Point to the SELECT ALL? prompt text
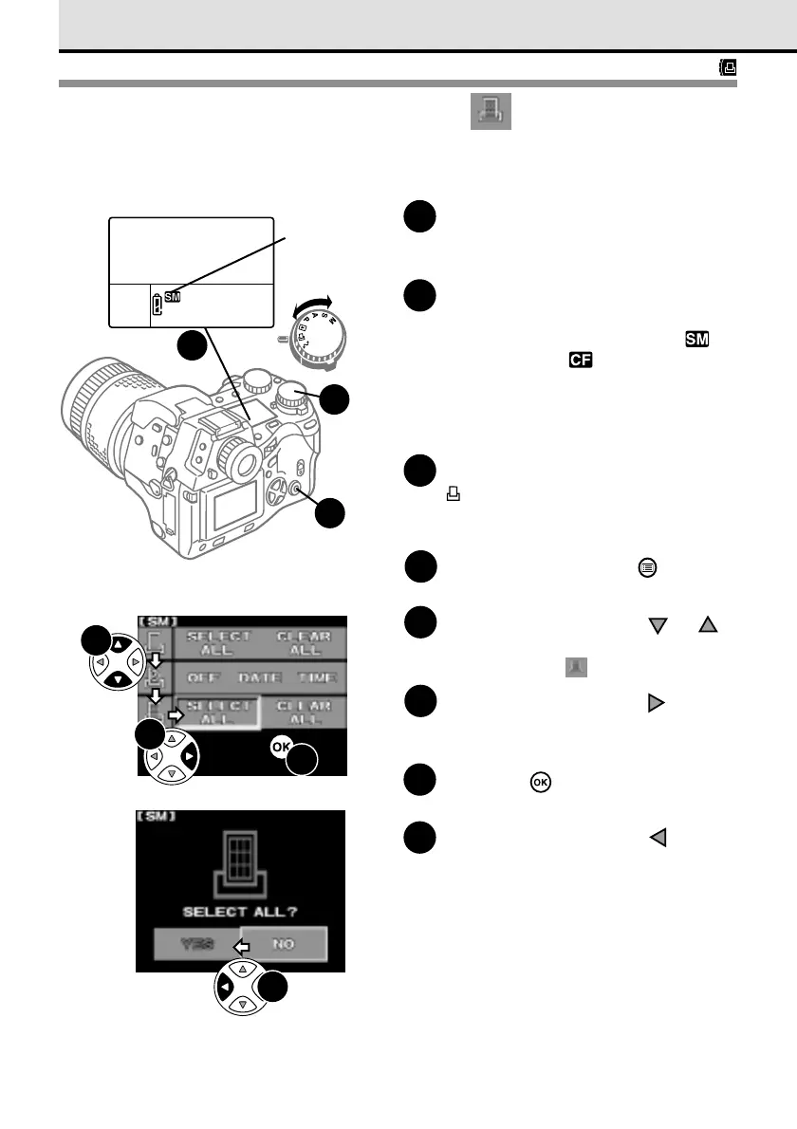coord(240,910)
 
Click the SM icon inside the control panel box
coord(174,296)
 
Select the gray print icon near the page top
coord(491,112)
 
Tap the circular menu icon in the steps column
coord(645,566)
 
